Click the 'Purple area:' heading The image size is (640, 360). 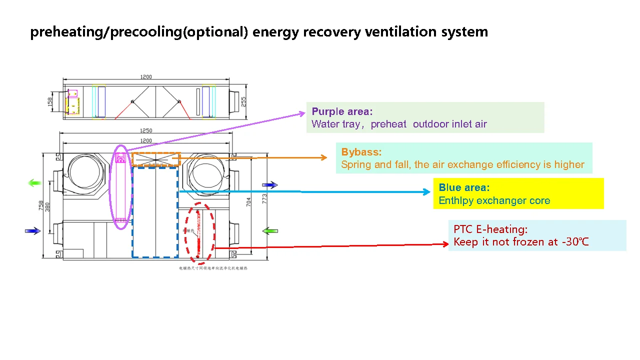tap(342, 111)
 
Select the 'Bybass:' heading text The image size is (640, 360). tap(361, 152)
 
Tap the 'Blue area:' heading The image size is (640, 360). tap(464, 187)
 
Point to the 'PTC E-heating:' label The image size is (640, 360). tap(490, 229)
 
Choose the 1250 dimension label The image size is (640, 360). tap(146, 131)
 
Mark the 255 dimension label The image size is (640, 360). tap(243, 102)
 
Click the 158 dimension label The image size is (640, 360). tap(50, 101)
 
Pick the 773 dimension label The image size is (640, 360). tap(265, 198)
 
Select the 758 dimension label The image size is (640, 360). tap(41, 205)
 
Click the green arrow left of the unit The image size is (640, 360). tap(34, 183)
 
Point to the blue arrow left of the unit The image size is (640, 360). tap(32, 231)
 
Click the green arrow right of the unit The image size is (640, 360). tap(270, 231)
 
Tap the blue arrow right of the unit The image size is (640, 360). tap(270, 185)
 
